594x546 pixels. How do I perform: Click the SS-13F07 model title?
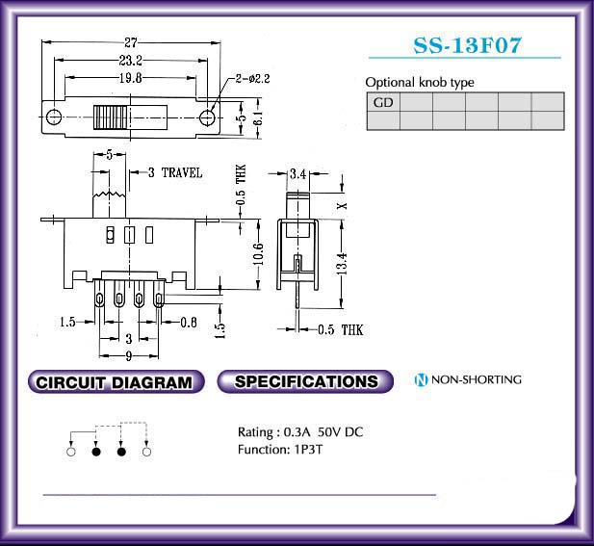point(467,45)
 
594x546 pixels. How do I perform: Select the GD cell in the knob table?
point(383,102)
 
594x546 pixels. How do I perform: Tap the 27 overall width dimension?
point(130,42)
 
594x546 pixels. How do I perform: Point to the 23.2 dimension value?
point(130,60)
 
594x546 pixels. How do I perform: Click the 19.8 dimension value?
point(130,78)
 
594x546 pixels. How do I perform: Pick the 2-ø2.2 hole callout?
point(252,79)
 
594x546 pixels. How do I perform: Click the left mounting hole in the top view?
point(53,117)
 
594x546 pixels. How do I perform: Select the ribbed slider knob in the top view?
point(111,117)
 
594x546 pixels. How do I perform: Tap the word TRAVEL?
point(182,172)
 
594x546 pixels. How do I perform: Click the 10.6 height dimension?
point(258,254)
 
